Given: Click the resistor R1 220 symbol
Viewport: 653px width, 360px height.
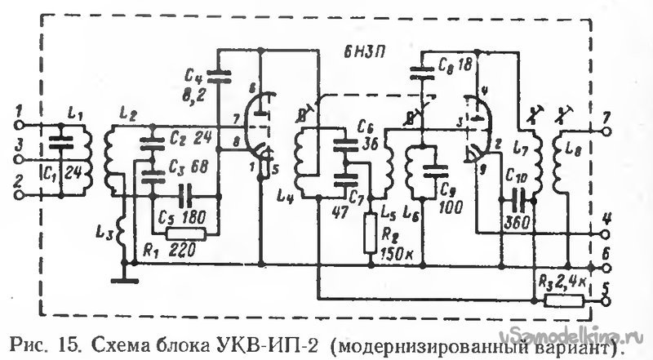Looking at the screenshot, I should [187, 233].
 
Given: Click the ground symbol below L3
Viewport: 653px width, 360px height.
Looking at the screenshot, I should [124, 281].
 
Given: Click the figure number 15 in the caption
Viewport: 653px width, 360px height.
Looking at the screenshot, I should [69, 341].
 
